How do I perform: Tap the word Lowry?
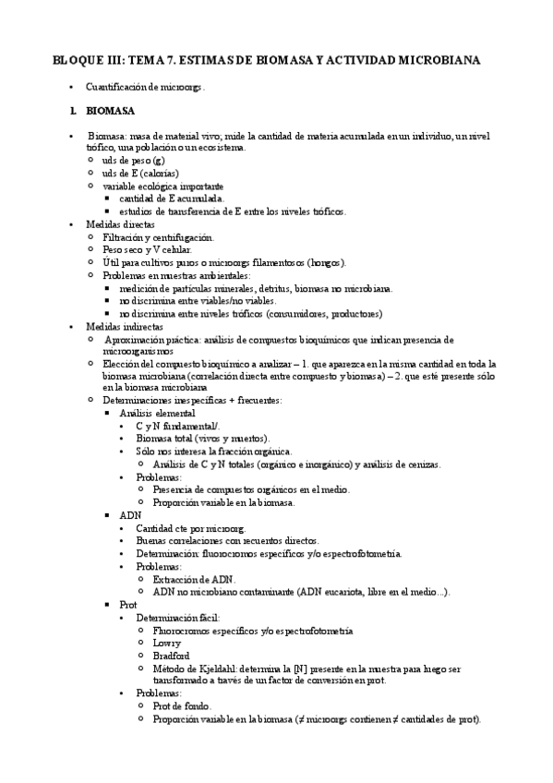[167, 643]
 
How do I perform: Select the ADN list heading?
[130, 514]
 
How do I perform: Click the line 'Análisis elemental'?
[157, 413]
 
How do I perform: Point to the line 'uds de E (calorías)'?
[140, 174]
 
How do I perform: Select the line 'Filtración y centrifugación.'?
[158, 237]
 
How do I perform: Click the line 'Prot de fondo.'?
[183, 706]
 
